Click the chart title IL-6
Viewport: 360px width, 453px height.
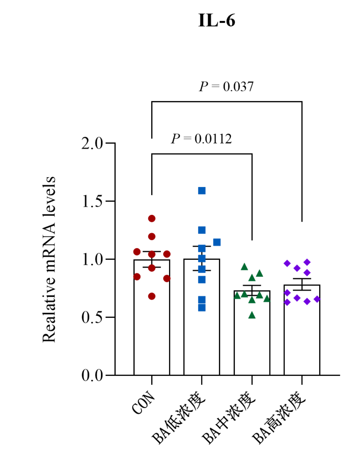tap(216, 20)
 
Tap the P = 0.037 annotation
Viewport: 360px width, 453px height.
tap(226, 86)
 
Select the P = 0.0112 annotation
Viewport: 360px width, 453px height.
tap(201, 139)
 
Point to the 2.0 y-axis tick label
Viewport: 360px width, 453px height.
tap(92, 144)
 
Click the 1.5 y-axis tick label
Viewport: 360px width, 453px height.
tap(92, 201)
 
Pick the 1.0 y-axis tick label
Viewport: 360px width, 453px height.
tap(92, 259)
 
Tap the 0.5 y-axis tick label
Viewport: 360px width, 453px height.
tap(92, 317)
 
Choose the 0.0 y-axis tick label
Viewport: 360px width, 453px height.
tap(92, 375)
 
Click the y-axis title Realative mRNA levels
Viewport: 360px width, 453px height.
tap(49, 259)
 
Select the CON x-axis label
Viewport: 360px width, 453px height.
tap(144, 403)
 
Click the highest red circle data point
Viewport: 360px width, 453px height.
tap(152, 219)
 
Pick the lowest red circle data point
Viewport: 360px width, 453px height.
tap(152, 296)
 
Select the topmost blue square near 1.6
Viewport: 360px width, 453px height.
tap(202, 191)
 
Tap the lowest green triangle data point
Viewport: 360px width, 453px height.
tap(252, 315)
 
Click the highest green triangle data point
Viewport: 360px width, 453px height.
tap(244, 266)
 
